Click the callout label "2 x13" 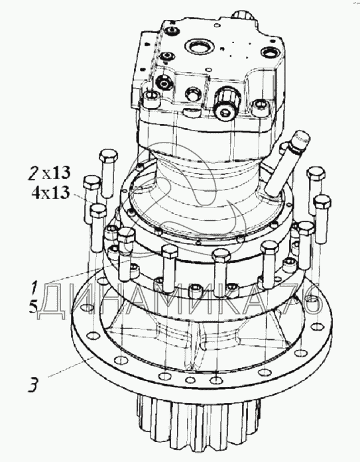[x=50, y=172]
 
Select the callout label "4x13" [x=50, y=193]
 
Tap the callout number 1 [x=34, y=288]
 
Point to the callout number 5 [x=33, y=307]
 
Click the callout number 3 [x=33, y=384]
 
